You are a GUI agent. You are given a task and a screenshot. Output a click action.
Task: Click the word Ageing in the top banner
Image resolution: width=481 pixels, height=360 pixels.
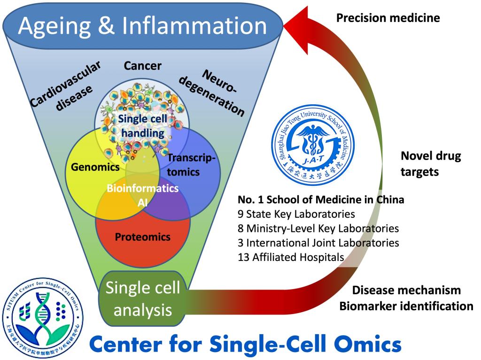click(x=54, y=26)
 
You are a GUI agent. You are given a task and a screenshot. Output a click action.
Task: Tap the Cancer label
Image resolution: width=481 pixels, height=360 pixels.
click(x=143, y=66)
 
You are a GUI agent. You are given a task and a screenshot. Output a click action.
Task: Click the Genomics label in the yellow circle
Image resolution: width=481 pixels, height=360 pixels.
click(x=95, y=167)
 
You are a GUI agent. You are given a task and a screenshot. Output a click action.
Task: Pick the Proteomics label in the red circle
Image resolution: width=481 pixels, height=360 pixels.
click(x=143, y=237)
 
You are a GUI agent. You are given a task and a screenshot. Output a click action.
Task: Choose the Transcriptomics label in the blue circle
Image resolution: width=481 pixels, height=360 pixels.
click(x=191, y=165)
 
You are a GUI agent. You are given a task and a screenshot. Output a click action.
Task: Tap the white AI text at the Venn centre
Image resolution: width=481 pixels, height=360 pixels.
click(x=143, y=202)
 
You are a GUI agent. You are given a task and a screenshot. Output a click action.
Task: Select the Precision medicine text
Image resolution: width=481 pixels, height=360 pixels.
click(x=388, y=18)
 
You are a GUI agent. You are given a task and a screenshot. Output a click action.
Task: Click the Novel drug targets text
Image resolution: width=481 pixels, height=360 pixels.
click(x=431, y=164)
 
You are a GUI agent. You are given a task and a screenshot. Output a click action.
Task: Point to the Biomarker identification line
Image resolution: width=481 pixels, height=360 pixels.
click(x=406, y=306)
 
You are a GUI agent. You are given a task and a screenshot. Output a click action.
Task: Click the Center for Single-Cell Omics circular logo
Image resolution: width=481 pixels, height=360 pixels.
click(x=42, y=318)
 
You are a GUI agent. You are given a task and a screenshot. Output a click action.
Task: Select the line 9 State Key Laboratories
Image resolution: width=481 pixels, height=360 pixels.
click(x=296, y=214)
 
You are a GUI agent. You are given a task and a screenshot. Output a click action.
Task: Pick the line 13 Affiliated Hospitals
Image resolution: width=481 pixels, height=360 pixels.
click(x=291, y=257)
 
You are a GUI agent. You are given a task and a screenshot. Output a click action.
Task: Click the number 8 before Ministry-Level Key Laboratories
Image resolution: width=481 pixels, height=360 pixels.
click(x=240, y=229)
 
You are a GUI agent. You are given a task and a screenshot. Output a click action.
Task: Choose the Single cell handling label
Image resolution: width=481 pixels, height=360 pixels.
click(x=143, y=126)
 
